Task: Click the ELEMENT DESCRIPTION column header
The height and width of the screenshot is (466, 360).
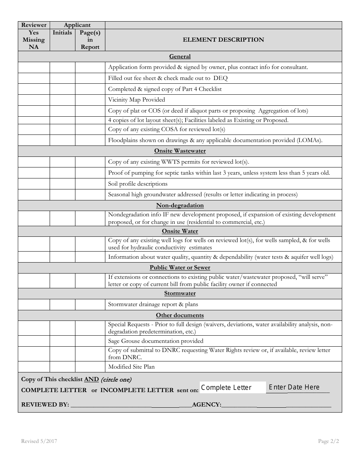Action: pos(223,40)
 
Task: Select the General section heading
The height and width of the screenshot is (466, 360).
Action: pos(180,56)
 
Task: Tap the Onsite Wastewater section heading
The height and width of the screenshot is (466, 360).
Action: pos(180,151)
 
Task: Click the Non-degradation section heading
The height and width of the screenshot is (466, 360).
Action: pos(180,205)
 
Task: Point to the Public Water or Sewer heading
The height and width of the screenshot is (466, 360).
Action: pos(180,267)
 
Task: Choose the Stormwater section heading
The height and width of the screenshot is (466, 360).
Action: pos(180,293)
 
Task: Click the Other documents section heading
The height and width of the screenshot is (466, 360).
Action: pos(180,315)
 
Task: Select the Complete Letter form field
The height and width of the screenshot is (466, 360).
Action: pos(232,387)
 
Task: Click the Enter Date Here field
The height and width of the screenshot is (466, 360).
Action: pos(297,387)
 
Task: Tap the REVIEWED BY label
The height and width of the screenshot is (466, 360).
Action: pos(45,405)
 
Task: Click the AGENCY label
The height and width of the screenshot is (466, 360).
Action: pos(207,405)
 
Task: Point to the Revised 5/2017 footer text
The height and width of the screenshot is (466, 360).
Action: pos(39,441)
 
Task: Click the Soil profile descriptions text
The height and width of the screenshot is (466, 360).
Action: pos(138,184)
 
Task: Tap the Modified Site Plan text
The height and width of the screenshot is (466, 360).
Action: pos(131,367)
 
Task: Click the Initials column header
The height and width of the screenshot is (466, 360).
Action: pos(62,33)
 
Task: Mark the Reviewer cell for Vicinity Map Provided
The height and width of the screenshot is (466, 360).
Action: pos(34,100)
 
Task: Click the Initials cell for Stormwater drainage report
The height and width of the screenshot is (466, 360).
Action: pos(62,304)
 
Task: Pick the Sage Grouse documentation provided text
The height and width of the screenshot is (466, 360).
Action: pos(156,341)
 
